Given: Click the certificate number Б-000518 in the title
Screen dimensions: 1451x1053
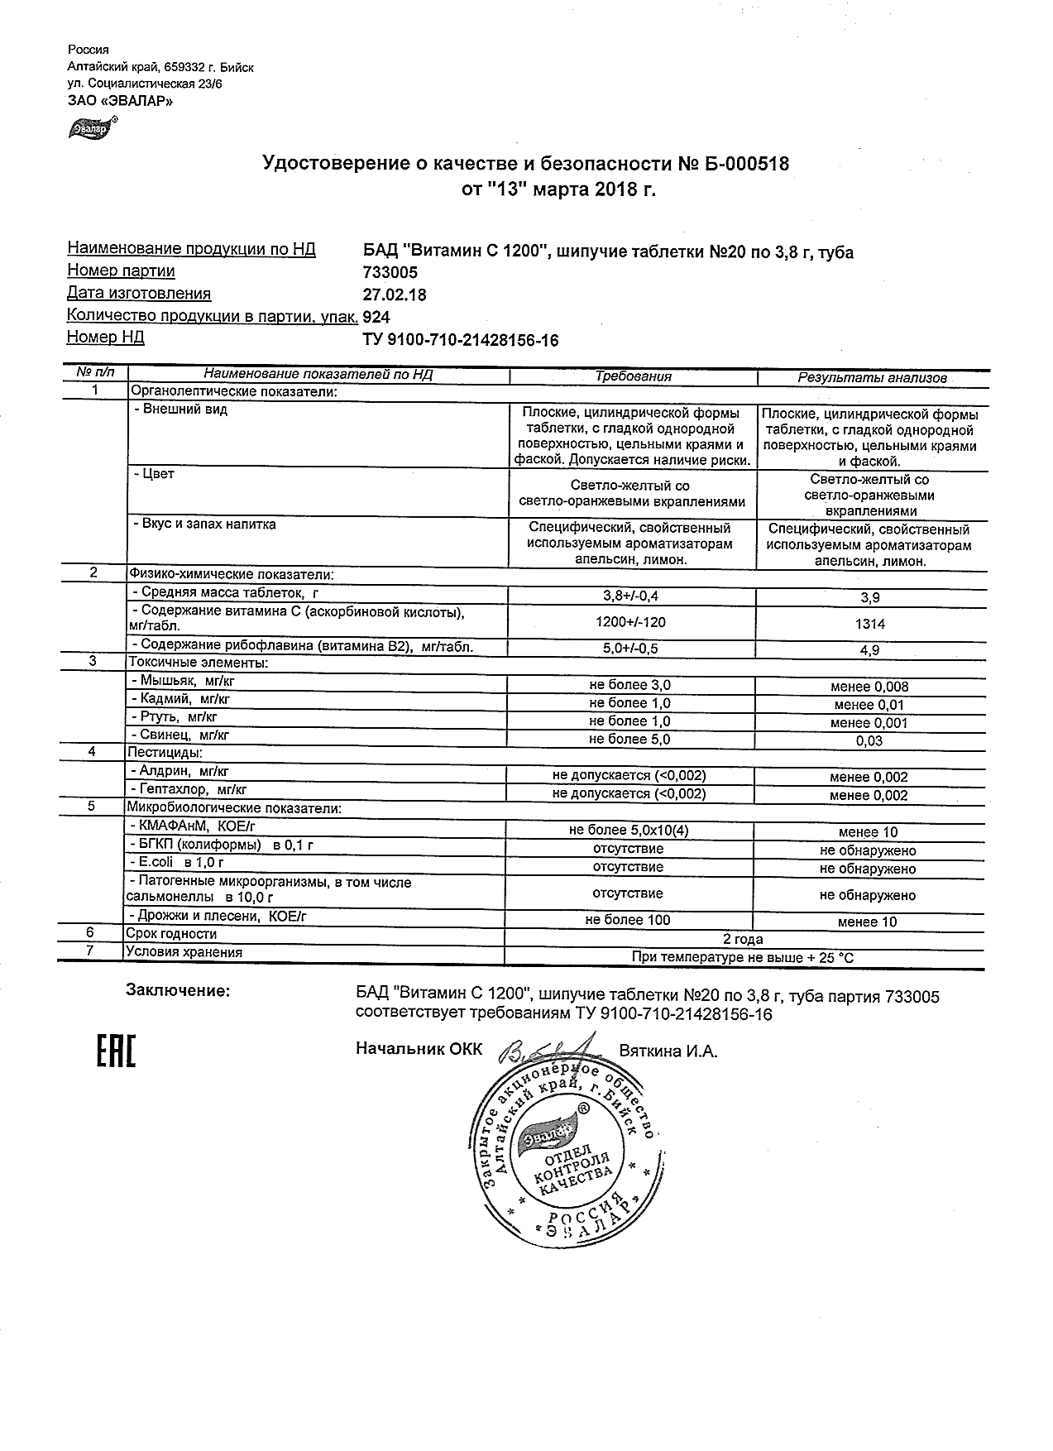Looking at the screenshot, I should [747, 164].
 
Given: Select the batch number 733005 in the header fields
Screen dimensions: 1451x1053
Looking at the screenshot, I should [390, 272].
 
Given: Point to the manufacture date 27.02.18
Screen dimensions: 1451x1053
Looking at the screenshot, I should [395, 295].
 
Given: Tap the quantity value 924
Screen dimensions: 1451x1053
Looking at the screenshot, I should [376, 317].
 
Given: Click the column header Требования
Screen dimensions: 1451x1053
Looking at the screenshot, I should [633, 376].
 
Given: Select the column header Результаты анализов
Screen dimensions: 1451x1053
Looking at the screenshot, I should [872, 377].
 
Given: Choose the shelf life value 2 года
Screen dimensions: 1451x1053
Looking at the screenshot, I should [743, 939].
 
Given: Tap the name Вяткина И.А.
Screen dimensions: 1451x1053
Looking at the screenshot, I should [668, 1051].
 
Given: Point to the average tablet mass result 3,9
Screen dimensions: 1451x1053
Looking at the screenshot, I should [870, 597].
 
